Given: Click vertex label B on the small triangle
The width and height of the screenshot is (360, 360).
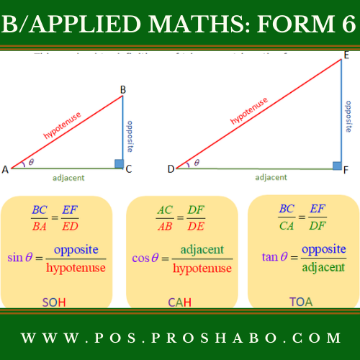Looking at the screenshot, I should [x=123, y=89].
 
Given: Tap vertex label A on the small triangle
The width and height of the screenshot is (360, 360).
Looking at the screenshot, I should [x=5, y=169].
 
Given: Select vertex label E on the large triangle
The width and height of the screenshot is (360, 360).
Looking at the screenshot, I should [x=346, y=54].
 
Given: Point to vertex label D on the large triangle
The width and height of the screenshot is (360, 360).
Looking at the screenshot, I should [x=171, y=169].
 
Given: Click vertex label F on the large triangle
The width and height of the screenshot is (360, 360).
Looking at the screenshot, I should [x=347, y=170].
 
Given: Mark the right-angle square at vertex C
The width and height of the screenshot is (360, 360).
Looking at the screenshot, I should [x=119, y=163].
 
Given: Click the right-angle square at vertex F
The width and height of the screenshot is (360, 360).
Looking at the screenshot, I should [x=336, y=165].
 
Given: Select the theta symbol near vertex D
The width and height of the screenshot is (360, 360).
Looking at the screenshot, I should [x=196, y=163].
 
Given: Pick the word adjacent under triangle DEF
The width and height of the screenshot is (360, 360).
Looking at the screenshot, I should [x=271, y=176].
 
